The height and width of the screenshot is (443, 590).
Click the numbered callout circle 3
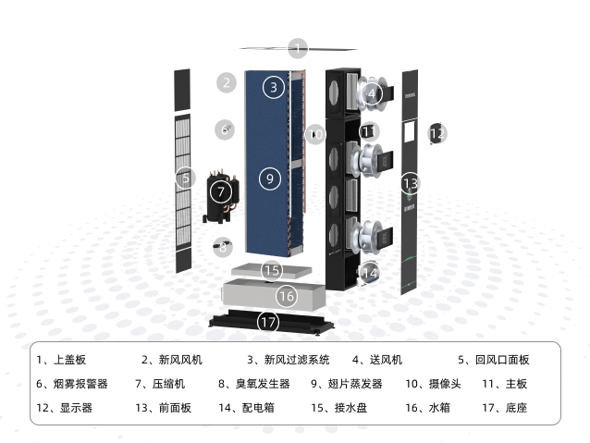[x=274, y=87]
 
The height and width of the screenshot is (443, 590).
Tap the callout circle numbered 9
[x=270, y=178]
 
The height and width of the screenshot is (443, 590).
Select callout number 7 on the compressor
[x=221, y=192]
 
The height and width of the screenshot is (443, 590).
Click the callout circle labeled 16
[x=287, y=296]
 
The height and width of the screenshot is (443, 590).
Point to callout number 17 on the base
[x=268, y=322]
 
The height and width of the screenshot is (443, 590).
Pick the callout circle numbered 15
[x=272, y=270]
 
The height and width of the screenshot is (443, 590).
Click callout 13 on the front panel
[x=411, y=183]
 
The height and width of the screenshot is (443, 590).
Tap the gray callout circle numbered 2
[x=227, y=83]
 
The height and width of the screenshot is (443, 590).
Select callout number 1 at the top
[x=298, y=48]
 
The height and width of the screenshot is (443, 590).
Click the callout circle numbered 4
[x=372, y=93]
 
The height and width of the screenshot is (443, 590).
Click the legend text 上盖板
[x=69, y=360]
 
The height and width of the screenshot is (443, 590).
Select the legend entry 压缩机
[x=168, y=384]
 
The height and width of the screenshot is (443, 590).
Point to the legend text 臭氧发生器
[x=263, y=384]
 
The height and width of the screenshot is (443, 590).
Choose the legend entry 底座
[x=516, y=408]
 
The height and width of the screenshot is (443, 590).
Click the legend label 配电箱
[x=258, y=408]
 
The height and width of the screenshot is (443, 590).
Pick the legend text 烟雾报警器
[x=80, y=384]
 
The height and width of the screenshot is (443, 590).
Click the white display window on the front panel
[x=410, y=131]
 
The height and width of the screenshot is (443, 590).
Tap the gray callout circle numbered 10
[x=315, y=134]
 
